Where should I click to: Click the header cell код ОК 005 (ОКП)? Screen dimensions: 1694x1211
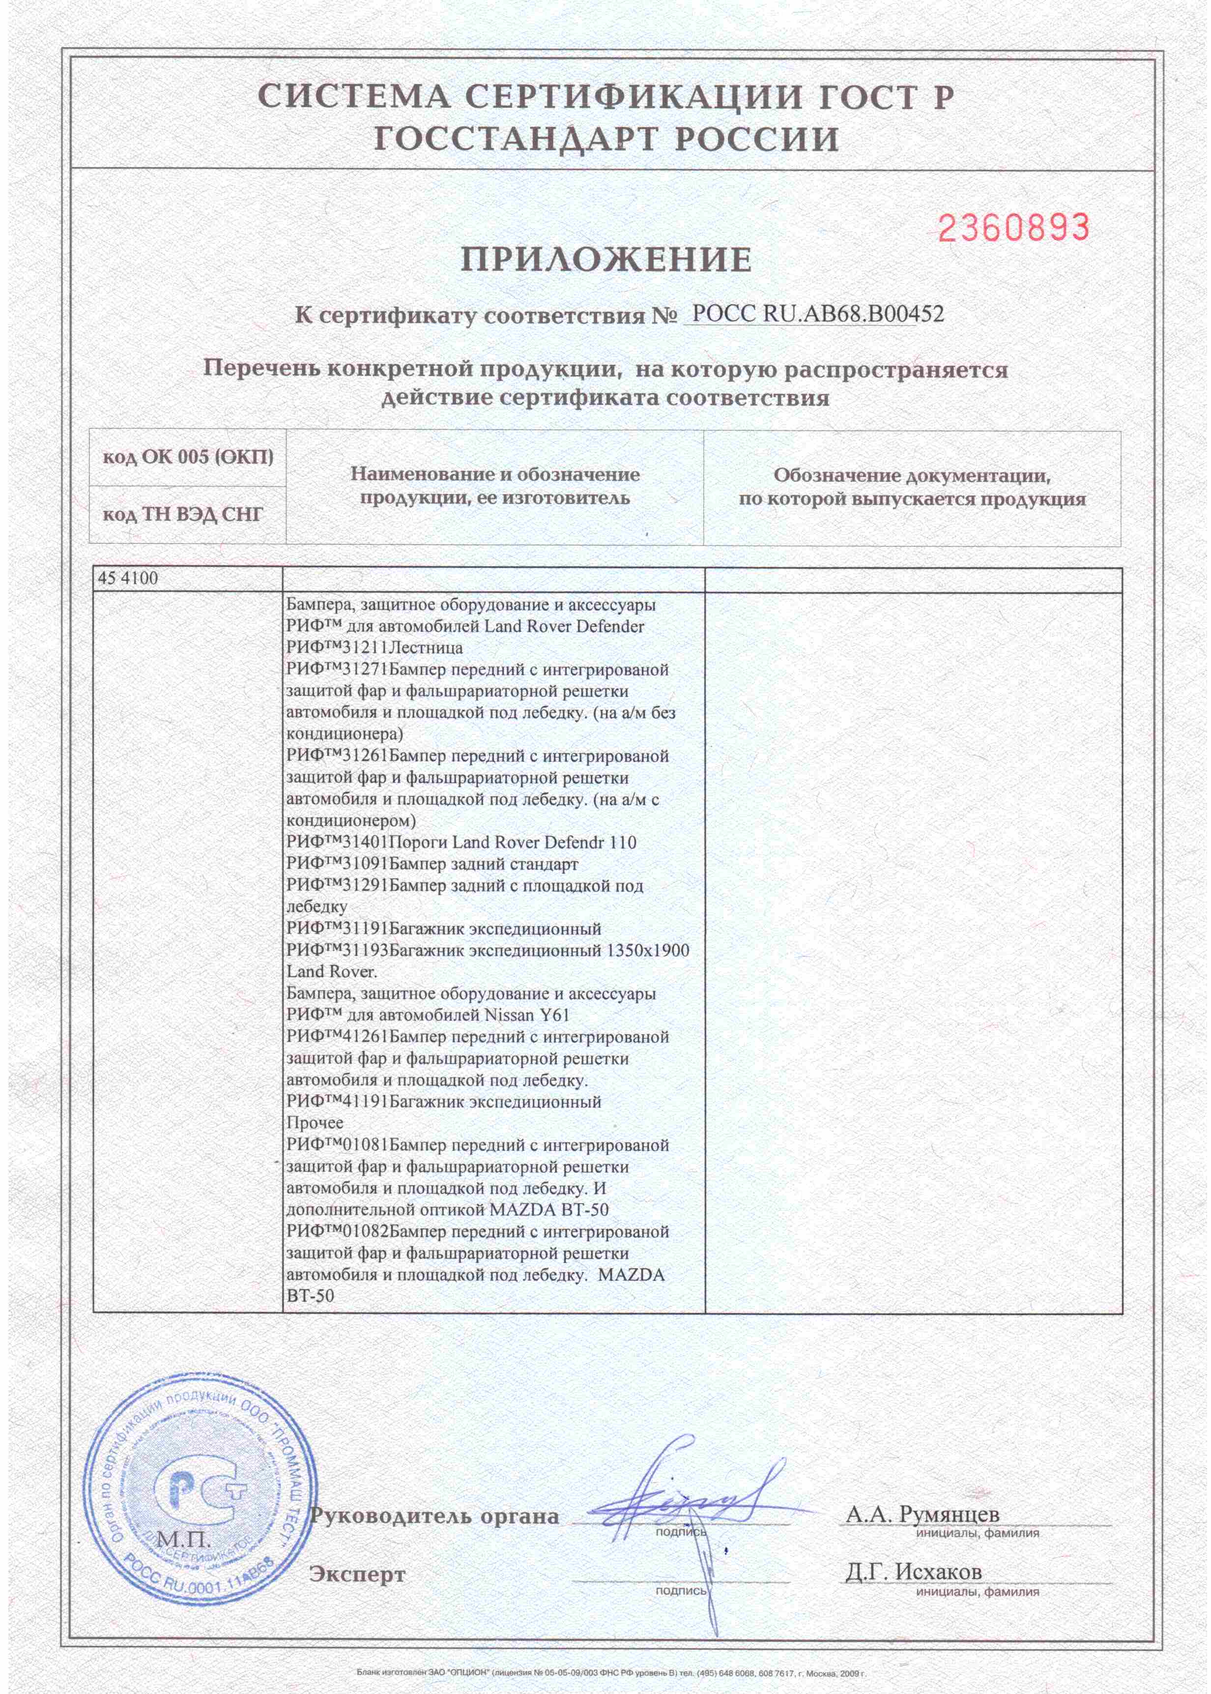[188, 458]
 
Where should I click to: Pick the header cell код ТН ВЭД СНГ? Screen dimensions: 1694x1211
[183, 515]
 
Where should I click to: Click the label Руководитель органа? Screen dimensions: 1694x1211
[434, 1495]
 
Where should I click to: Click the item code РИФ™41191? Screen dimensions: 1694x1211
[338, 1102]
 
